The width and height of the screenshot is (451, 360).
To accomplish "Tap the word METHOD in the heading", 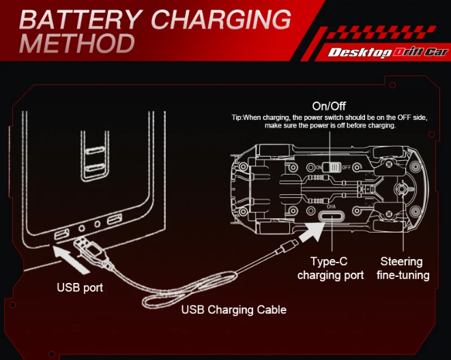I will click(77, 43).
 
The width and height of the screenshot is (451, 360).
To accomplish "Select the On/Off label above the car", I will click(329, 106).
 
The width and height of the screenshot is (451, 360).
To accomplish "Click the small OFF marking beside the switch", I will click(346, 167).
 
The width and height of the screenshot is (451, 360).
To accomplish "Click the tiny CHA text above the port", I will click(331, 206).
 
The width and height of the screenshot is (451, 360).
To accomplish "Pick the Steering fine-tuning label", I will click(403, 269).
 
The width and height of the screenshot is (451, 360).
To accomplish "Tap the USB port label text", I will click(80, 287).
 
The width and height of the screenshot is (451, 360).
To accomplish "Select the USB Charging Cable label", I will click(233, 310).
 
